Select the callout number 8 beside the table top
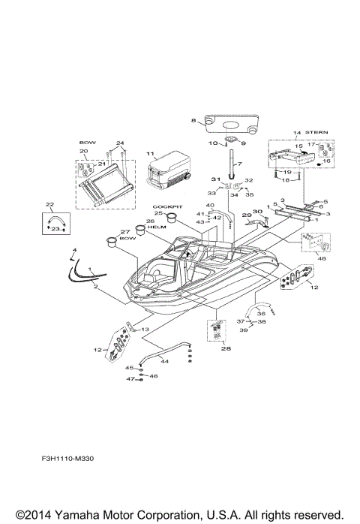click(193, 121)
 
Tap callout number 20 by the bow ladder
click(84, 151)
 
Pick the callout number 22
click(49, 204)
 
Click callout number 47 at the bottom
click(129, 380)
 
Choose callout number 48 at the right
click(322, 259)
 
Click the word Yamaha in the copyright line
click(69, 514)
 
